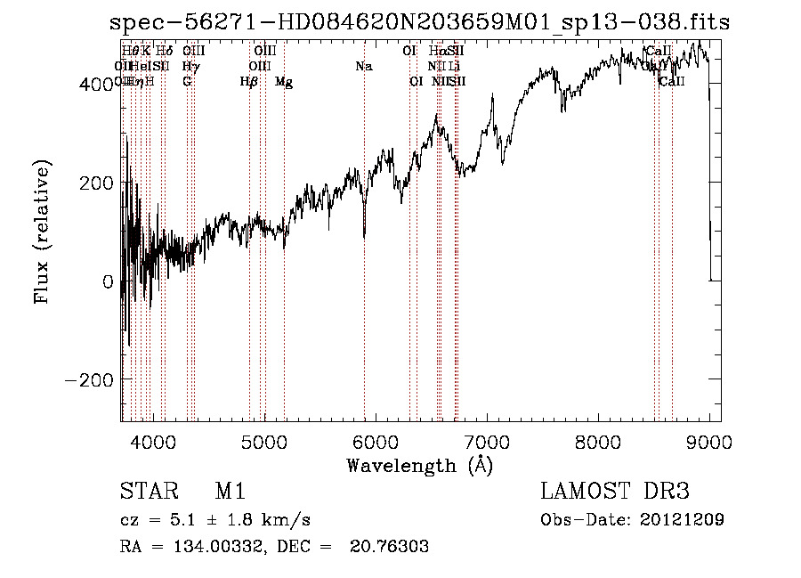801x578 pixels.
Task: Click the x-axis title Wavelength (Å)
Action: click(x=419, y=465)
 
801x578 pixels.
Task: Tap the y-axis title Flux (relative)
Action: click(x=42, y=231)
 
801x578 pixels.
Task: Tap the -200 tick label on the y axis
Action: click(x=91, y=380)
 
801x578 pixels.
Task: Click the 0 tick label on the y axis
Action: click(x=107, y=281)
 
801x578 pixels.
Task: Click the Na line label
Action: click(x=363, y=67)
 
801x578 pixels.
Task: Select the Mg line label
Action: click(x=284, y=82)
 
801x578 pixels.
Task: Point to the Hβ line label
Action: click(x=249, y=82)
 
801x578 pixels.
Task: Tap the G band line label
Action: click(x=187, y=82)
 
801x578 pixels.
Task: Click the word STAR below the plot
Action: click(x=145, y=493)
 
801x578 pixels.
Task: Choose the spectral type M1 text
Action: click(x=230, y=493)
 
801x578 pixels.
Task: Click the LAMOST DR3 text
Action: click(x=614, y=493)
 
